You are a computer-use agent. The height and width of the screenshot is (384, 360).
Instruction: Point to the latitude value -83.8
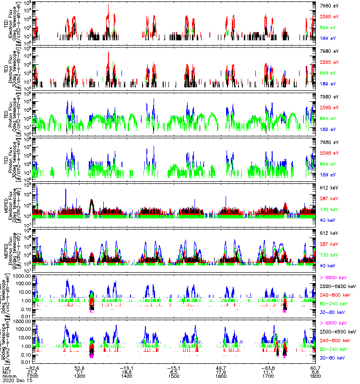coord(267,367)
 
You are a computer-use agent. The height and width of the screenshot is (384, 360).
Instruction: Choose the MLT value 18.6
coord(127,372)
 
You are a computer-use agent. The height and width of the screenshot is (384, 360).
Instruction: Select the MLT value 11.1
coord(268,372)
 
